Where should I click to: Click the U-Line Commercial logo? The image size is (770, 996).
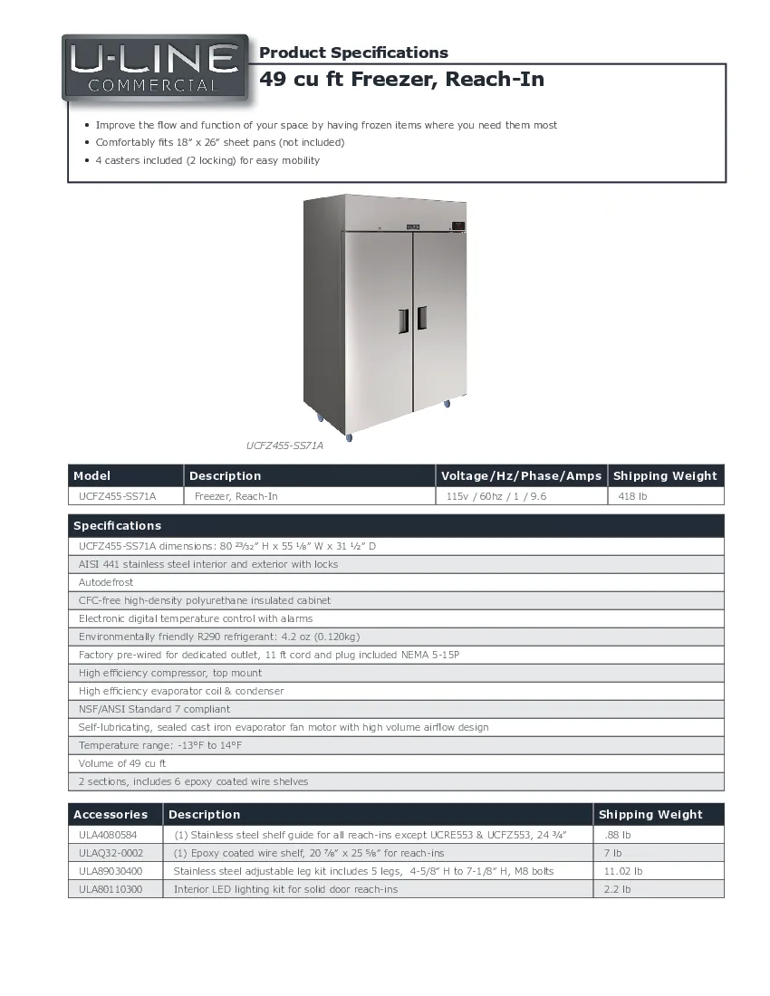pos(155,67)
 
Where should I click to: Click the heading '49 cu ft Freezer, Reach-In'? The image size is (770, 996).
pos(401,80)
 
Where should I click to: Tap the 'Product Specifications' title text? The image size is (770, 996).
pos(353,53)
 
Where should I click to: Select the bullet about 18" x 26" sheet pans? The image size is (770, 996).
pos(220,143)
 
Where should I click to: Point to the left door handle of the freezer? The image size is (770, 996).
pos(403,319)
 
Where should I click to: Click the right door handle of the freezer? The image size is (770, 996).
pos(422,319)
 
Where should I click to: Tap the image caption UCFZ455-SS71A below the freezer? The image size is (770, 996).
pos(284,445)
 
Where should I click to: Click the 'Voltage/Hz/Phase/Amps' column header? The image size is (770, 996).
pos(521,476)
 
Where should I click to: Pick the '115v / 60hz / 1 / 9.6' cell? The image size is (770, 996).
pos(496,496)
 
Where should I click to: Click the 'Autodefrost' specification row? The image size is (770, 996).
pos(106,582)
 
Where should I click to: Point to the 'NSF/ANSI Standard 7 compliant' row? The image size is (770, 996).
pos(154,709)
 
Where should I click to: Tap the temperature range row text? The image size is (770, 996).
pos(160,745)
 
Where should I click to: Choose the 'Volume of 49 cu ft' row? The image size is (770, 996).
pos(122,763)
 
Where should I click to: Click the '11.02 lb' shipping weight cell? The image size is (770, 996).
pos(623,871)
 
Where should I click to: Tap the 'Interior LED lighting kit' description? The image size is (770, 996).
pos(285,889)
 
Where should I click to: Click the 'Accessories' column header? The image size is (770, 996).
pos(111,815)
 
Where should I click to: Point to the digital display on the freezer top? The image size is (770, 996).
pos(457,225)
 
